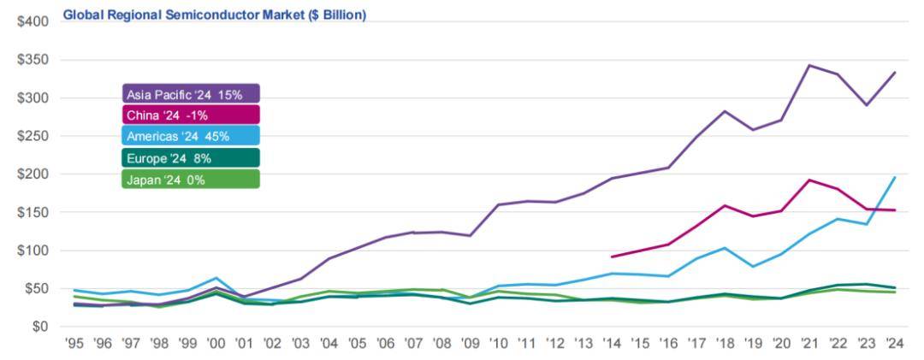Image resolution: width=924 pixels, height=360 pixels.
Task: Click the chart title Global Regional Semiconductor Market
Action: tap(215, 15)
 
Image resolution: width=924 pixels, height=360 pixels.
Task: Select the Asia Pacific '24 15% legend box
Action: tap(190, 94)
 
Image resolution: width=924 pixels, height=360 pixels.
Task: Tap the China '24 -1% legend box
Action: tap(190, 115)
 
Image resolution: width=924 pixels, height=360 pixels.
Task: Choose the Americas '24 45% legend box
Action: tap(190, 136)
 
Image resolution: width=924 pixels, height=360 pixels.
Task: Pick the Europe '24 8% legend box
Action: tap(190, 157)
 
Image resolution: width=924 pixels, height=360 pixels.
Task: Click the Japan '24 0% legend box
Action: tap(190, 179)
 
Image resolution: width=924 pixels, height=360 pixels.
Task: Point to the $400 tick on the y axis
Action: tap(33, 21)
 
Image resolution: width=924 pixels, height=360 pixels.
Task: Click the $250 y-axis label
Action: tap(33, 136)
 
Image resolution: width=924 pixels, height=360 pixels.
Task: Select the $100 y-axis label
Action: tap(33, 251)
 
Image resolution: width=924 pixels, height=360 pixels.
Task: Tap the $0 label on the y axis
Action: tap(39, 327)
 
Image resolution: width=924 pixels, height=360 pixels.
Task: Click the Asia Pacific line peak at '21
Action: tap(808, 65)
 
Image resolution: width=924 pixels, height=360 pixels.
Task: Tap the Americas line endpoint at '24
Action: tap(895, 177)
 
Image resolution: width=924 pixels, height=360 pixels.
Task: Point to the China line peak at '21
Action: tap(808, 180)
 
